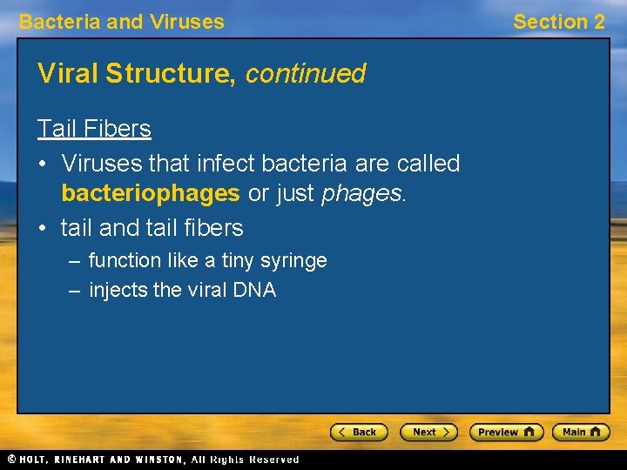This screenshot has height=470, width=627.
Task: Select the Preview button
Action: pyautogui.click(x=506, y=432)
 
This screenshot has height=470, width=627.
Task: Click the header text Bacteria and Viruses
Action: pyautogui.click(x=121, y=22)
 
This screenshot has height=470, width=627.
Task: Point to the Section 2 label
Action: pyautogui.click(x=558, y=22)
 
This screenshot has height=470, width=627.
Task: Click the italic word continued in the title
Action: pyautogui.click(x=306, y=74)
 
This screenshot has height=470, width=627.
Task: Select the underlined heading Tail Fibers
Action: pyautogui.click(x=94, y=129)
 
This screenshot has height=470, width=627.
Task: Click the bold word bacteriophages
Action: pyautogui.click(x=150, y=193)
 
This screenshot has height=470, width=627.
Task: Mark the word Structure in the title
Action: pyautogui.click(x=171, y=74)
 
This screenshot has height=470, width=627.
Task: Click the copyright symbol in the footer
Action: pyautogui.click(x=10, y=459)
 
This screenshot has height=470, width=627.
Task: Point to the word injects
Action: pyautogui.click(x=118, y=291)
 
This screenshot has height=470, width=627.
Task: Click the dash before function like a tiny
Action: pyautogui.click(x=75, y=260)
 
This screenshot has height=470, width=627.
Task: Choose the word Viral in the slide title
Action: pyautogui.click(x=68, y=74)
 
